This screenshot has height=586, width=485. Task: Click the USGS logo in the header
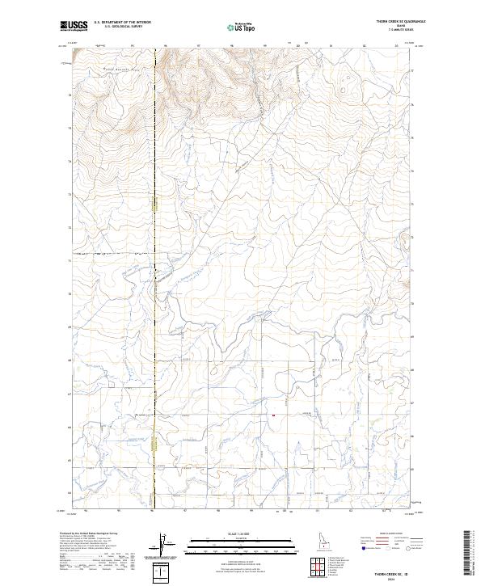coord(74,26)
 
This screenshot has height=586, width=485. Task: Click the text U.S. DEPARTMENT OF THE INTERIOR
coord(123,23)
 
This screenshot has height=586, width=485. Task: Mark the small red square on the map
coord(273,415)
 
